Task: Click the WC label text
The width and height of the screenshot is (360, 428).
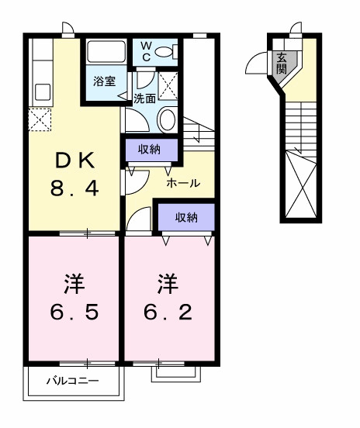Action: [x=144, y=51]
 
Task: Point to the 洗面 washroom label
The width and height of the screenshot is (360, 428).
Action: [x=144, y=98]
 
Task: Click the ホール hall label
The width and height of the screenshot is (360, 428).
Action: [x=184, y=183]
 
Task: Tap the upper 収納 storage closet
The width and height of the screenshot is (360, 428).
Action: [x=151, y=149]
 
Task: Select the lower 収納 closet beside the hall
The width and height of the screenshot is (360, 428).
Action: [x=186, y=217]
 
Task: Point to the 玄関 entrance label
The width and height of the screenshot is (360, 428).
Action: [x=280, y=61]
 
